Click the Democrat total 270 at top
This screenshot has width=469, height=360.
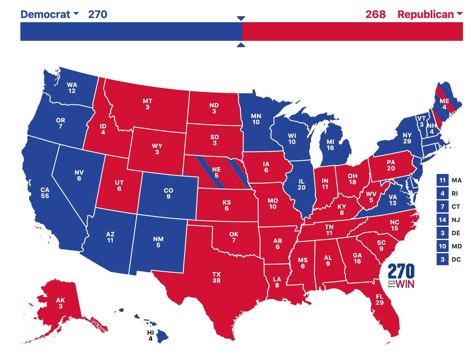(x=97, y=14)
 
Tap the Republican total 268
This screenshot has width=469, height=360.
(x=375, y=14)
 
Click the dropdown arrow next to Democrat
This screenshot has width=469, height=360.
(x=76, y=13)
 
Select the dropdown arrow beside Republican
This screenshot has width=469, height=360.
(x=459, y=13)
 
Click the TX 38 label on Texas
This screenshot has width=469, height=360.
(x=216, y=277)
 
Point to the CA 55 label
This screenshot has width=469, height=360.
(x=45, y=193)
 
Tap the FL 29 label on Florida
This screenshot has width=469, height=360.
(x=380, y=300)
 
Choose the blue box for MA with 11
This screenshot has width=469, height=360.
(x=442, y=180)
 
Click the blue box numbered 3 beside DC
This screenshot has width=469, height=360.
(x=442, y=259)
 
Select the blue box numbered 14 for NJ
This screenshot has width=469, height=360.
(x=442, y=220)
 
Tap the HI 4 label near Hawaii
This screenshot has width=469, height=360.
(x=151, y=336)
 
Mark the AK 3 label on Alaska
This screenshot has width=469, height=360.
(x=61, y=303)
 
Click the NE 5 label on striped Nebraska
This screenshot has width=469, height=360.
(x=216, y=172)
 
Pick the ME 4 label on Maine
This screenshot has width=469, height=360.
(x=444, y=104)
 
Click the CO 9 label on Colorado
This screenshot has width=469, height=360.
(x=169, y=193)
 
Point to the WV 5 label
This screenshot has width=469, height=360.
(x=371, y=197)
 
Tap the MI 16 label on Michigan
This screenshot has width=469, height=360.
(x=330, y=145)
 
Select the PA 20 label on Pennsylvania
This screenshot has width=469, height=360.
(x=391, y=165)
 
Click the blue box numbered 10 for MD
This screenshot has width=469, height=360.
(x=442, y=246)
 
